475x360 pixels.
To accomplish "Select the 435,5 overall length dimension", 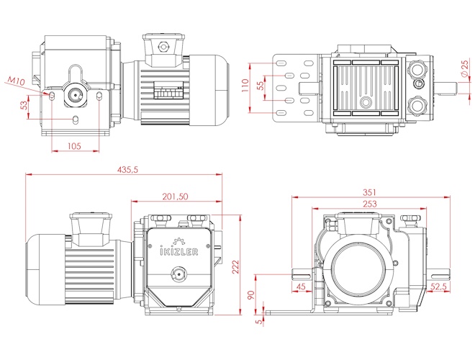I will (x=125, y=169).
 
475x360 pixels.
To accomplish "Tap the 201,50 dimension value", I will (x=175, y=197).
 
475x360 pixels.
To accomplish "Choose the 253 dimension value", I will (x=369, y=204).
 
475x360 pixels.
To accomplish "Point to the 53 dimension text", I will (x=24, y=106).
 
